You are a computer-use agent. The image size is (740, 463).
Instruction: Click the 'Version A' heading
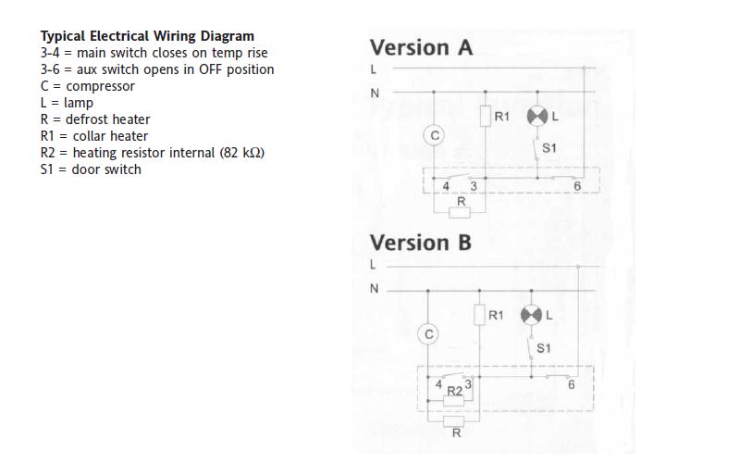coord(421,48)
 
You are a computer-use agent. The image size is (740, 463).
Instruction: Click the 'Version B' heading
coord(421,243)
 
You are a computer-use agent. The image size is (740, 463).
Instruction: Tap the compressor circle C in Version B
coord(428,334)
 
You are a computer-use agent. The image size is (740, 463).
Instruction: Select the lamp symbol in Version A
coord(537,117)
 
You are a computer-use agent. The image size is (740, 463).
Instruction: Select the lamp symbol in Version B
coord(531,315)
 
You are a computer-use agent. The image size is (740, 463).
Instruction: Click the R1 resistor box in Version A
coord(486,118)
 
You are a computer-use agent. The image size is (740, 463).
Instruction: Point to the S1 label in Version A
coord(549,148)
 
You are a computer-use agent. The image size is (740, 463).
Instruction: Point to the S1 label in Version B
coord(544,348)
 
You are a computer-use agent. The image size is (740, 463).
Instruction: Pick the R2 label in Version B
coord(454,392)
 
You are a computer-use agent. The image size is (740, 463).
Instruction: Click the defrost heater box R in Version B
coord(455,418)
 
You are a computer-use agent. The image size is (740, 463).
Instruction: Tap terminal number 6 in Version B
coord(571,385)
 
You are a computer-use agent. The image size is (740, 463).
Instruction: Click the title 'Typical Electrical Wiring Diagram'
coord(147,36)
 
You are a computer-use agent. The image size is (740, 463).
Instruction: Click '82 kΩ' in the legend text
coord(242,153)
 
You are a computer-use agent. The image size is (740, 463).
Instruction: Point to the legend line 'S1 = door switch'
coord(91,169)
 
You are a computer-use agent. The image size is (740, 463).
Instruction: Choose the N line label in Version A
coord(375,93)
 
